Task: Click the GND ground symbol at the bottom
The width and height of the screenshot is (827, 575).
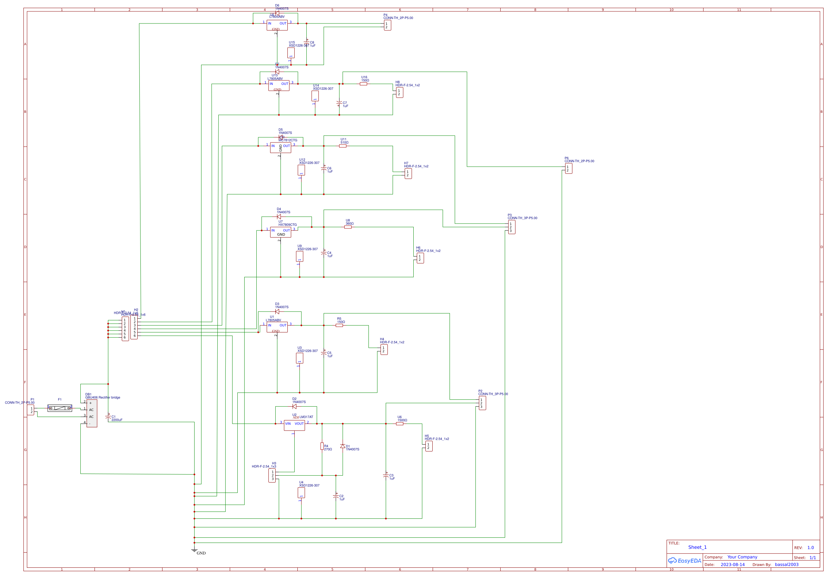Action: pos(195,551)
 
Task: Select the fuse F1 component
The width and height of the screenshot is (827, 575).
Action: pos(60,408)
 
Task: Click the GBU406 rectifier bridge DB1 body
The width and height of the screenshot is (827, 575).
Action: pos(92,413)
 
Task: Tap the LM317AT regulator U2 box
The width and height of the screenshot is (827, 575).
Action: pos(294,425)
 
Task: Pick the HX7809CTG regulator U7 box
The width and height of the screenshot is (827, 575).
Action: pos(280,232)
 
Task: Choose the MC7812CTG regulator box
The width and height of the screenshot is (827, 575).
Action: pos(280,148)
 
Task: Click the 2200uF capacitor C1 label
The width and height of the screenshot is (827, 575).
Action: pos(116,418)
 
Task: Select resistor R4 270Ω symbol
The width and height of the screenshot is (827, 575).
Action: pos(322,446)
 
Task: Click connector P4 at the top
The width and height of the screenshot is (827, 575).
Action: pos(387,25)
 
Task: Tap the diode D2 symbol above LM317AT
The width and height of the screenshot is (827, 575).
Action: pos(294,406)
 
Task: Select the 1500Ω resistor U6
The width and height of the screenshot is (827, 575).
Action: pos(400,424)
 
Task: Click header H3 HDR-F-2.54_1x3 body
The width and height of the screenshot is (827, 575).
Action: pos(272,475)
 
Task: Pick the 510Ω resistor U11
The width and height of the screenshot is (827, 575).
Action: pos(343,146)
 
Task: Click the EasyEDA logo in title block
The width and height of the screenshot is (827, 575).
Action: pos(685,561)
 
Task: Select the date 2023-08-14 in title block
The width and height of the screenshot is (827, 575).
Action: pos(732,565)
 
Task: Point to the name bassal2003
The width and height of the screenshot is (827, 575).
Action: pos(787,565)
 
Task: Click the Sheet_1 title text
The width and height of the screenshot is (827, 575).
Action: pos(697,547)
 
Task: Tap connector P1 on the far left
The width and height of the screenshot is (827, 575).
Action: pos(31,410)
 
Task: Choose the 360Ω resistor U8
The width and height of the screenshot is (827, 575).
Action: pos(348,227)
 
